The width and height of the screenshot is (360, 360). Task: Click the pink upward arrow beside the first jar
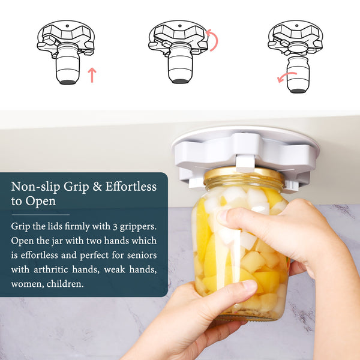point(92,75)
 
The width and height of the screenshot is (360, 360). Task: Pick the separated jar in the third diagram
point(298,74)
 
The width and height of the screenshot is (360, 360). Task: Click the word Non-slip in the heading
point(35,187)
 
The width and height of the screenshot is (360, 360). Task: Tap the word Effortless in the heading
point(131,186)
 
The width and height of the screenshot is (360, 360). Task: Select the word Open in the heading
point(41,202)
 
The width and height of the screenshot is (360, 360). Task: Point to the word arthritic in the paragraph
point(51,269)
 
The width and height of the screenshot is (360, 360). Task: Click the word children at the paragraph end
point(64,284)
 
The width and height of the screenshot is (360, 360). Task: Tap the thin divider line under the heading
point(41,215)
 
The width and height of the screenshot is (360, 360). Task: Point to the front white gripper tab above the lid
point(245,163)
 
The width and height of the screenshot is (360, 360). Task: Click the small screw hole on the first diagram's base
point(67,26)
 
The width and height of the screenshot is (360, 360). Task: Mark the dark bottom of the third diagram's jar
point(298,91)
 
